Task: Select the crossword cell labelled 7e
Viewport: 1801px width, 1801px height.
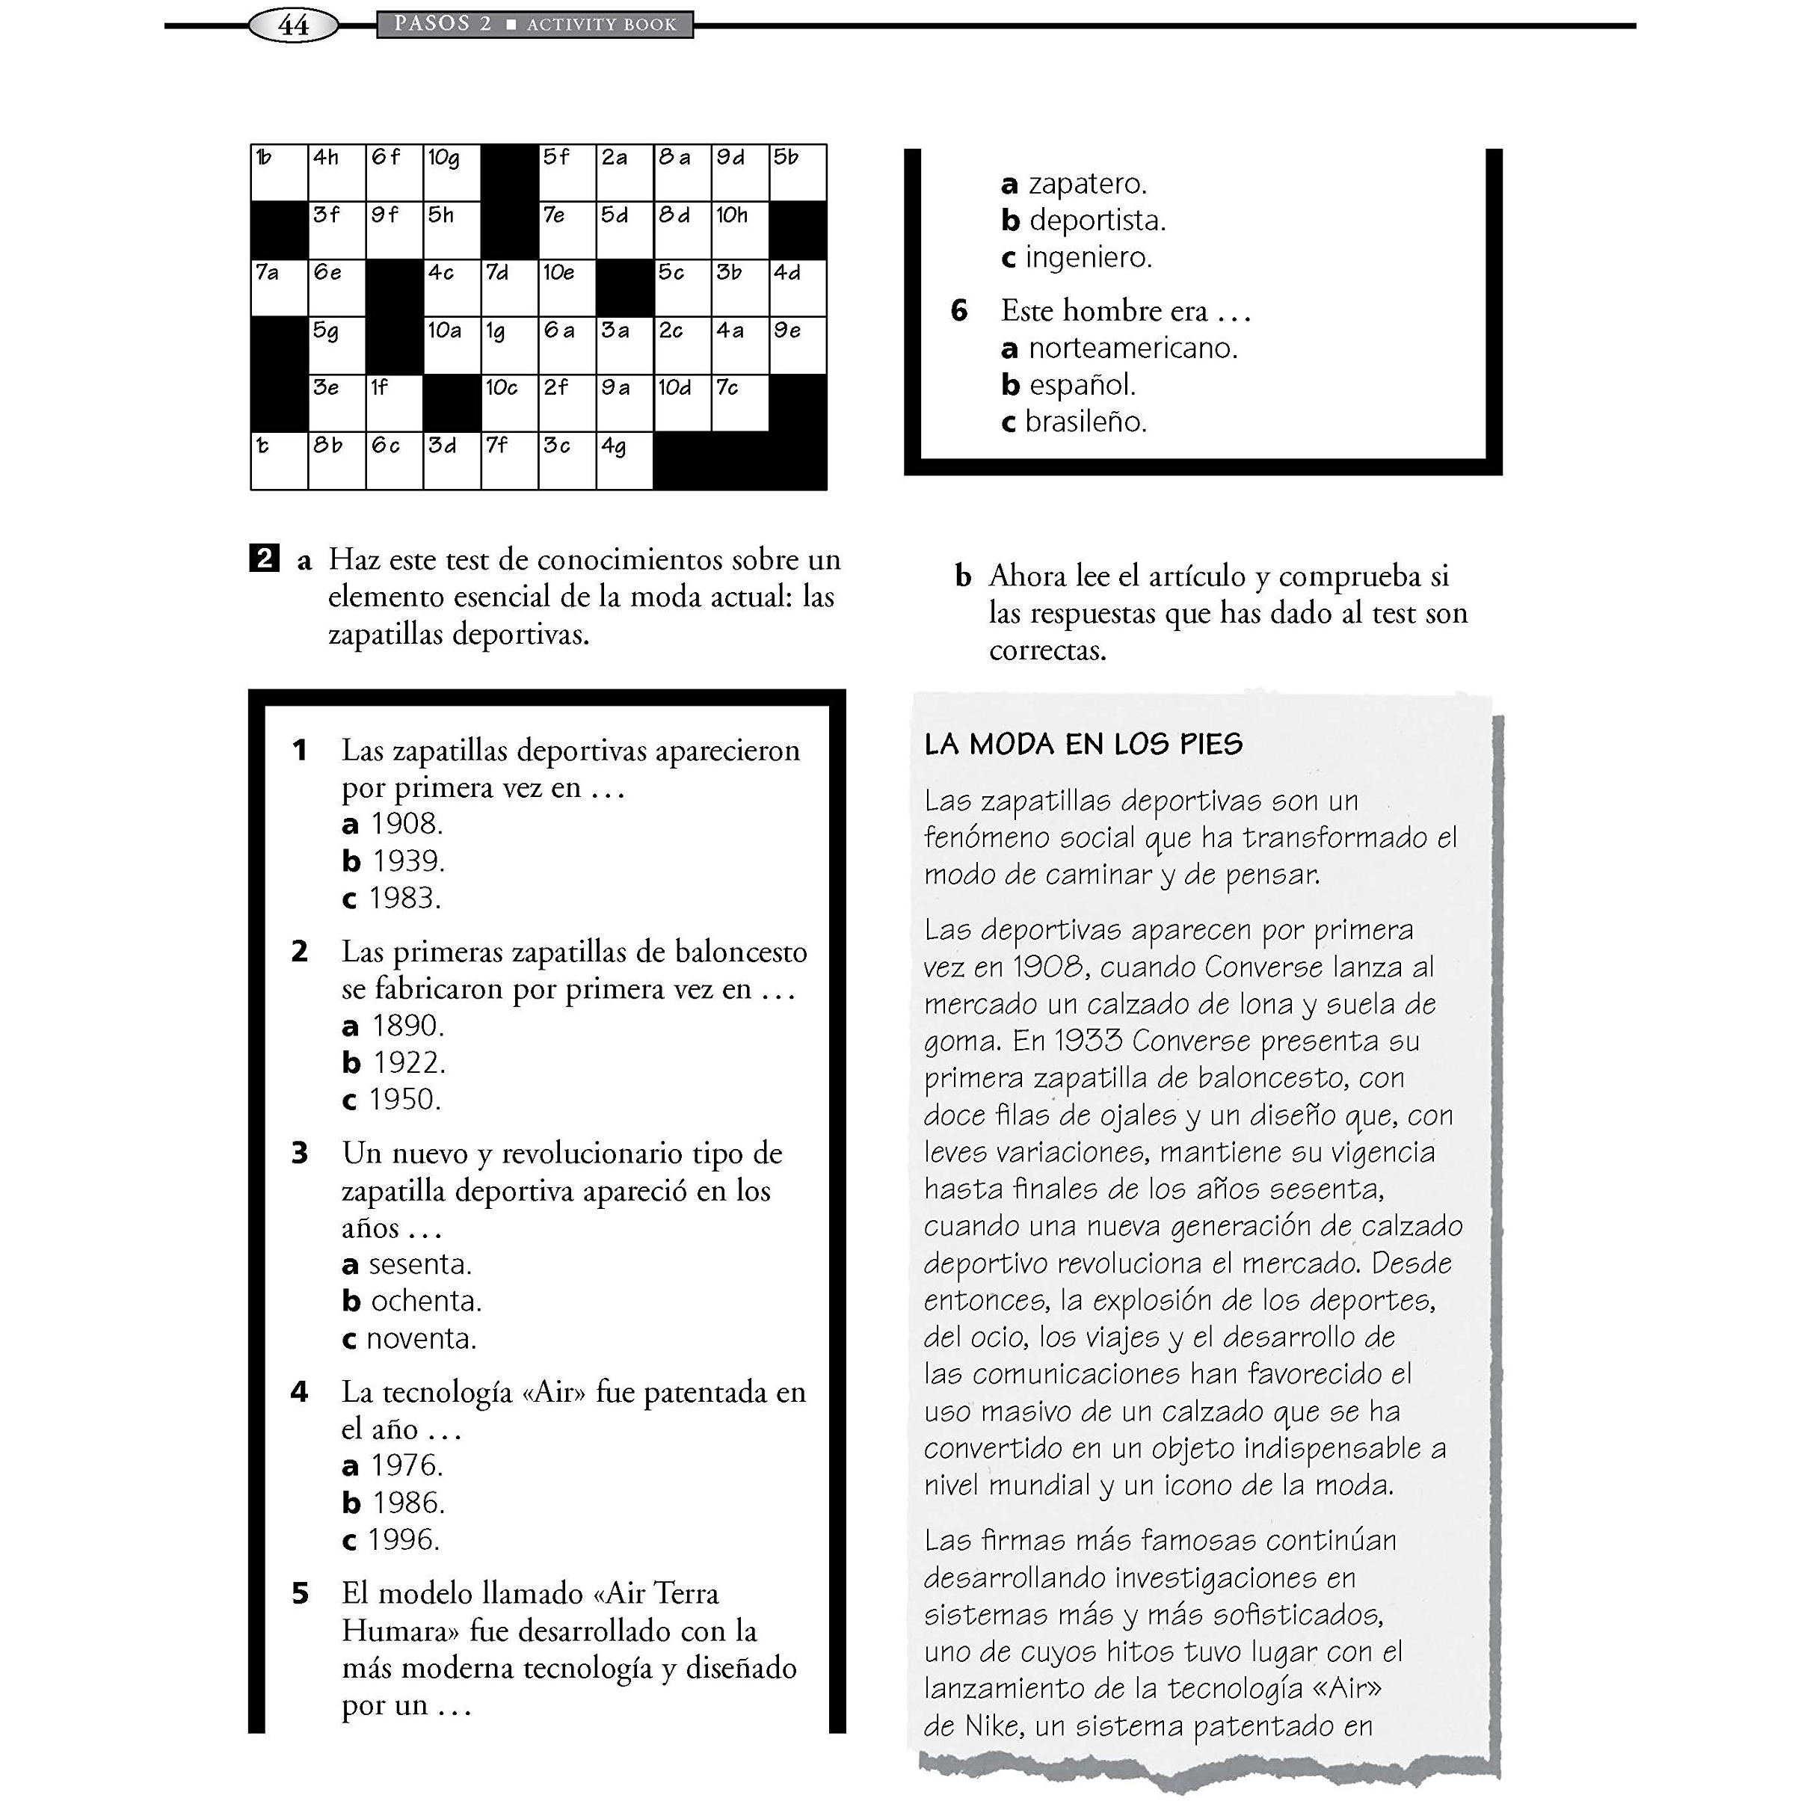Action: coord(567,231)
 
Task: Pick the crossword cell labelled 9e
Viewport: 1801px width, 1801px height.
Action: coord(798,346)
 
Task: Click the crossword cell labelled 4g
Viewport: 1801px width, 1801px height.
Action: coord(624,461)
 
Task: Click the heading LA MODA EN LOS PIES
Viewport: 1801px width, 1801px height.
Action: coord(1083,744)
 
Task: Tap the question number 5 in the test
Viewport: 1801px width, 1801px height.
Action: coord(299,1594)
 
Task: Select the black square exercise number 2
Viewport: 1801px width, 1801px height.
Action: coord(265,558)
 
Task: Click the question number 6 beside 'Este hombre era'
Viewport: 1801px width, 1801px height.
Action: coord(959,310)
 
